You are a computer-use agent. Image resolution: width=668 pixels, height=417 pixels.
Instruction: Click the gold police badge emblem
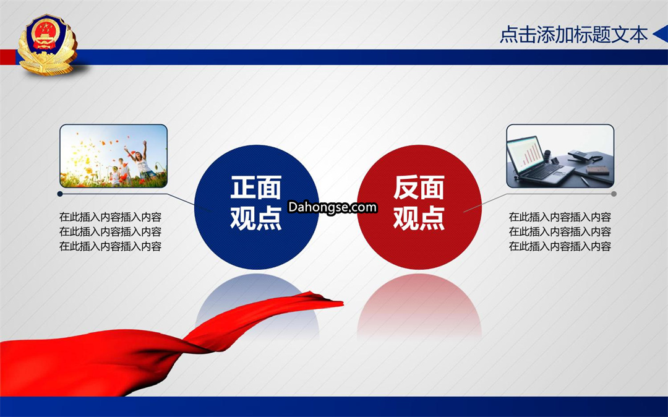pos(47,45)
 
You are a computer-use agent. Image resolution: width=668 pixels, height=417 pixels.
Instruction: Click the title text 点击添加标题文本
pos(573,35)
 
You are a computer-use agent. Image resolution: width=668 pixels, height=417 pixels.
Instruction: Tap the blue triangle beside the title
pos(661,34)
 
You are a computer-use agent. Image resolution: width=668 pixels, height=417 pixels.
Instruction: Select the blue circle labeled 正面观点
pos(257,207)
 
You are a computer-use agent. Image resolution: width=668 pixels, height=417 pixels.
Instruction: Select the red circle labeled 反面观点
pos(419,207)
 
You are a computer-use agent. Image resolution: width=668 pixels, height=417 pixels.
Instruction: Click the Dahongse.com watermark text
pos(333,207)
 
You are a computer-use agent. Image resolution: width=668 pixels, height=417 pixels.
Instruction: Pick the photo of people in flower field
pos(113,156)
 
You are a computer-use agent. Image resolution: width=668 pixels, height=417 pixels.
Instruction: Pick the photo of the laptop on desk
pos(560,156)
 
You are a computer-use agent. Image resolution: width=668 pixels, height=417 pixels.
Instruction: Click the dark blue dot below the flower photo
pos(60,194)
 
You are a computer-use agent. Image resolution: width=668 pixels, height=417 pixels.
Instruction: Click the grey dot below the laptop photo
pos(614,194)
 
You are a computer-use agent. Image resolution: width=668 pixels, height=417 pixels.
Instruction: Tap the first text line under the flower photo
pos(110,217)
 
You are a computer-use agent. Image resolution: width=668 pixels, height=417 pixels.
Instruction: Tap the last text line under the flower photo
pos(110,246)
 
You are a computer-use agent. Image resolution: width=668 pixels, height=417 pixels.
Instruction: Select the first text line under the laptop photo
pos(560,217)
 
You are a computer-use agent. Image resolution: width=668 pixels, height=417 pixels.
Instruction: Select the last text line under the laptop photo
pos(560,246)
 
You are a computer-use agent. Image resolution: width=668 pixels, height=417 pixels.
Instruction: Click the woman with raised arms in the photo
pos(140,162)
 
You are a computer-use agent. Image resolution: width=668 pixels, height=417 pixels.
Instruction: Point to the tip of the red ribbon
pos(342,303)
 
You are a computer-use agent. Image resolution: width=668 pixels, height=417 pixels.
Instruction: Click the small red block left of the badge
pos(8,57)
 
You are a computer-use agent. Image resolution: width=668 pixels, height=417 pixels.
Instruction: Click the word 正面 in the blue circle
pos(256,187)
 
